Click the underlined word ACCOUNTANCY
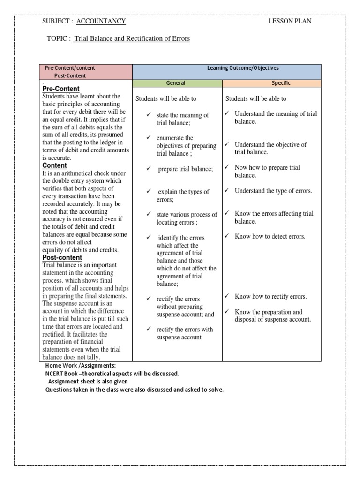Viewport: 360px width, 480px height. tap(101, 21)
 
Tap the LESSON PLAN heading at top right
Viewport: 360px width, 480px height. tap(290, 21)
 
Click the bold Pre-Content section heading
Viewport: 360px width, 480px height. tap(61, 89)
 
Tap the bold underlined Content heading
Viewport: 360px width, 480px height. tap(55, 165)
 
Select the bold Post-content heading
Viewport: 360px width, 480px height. tap(62, 257)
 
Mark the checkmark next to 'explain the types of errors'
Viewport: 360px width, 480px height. tap(148, 192)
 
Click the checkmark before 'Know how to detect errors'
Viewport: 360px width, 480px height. tap(226, 236)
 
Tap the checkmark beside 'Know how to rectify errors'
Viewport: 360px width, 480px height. tap(226, 296)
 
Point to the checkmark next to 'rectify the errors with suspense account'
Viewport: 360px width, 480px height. tap(148, 329)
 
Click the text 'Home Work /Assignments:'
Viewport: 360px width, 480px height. tap(80, 366)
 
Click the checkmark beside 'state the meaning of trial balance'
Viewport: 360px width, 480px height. tap(148, 115)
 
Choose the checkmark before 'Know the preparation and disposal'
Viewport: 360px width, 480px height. tap(226, 312)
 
